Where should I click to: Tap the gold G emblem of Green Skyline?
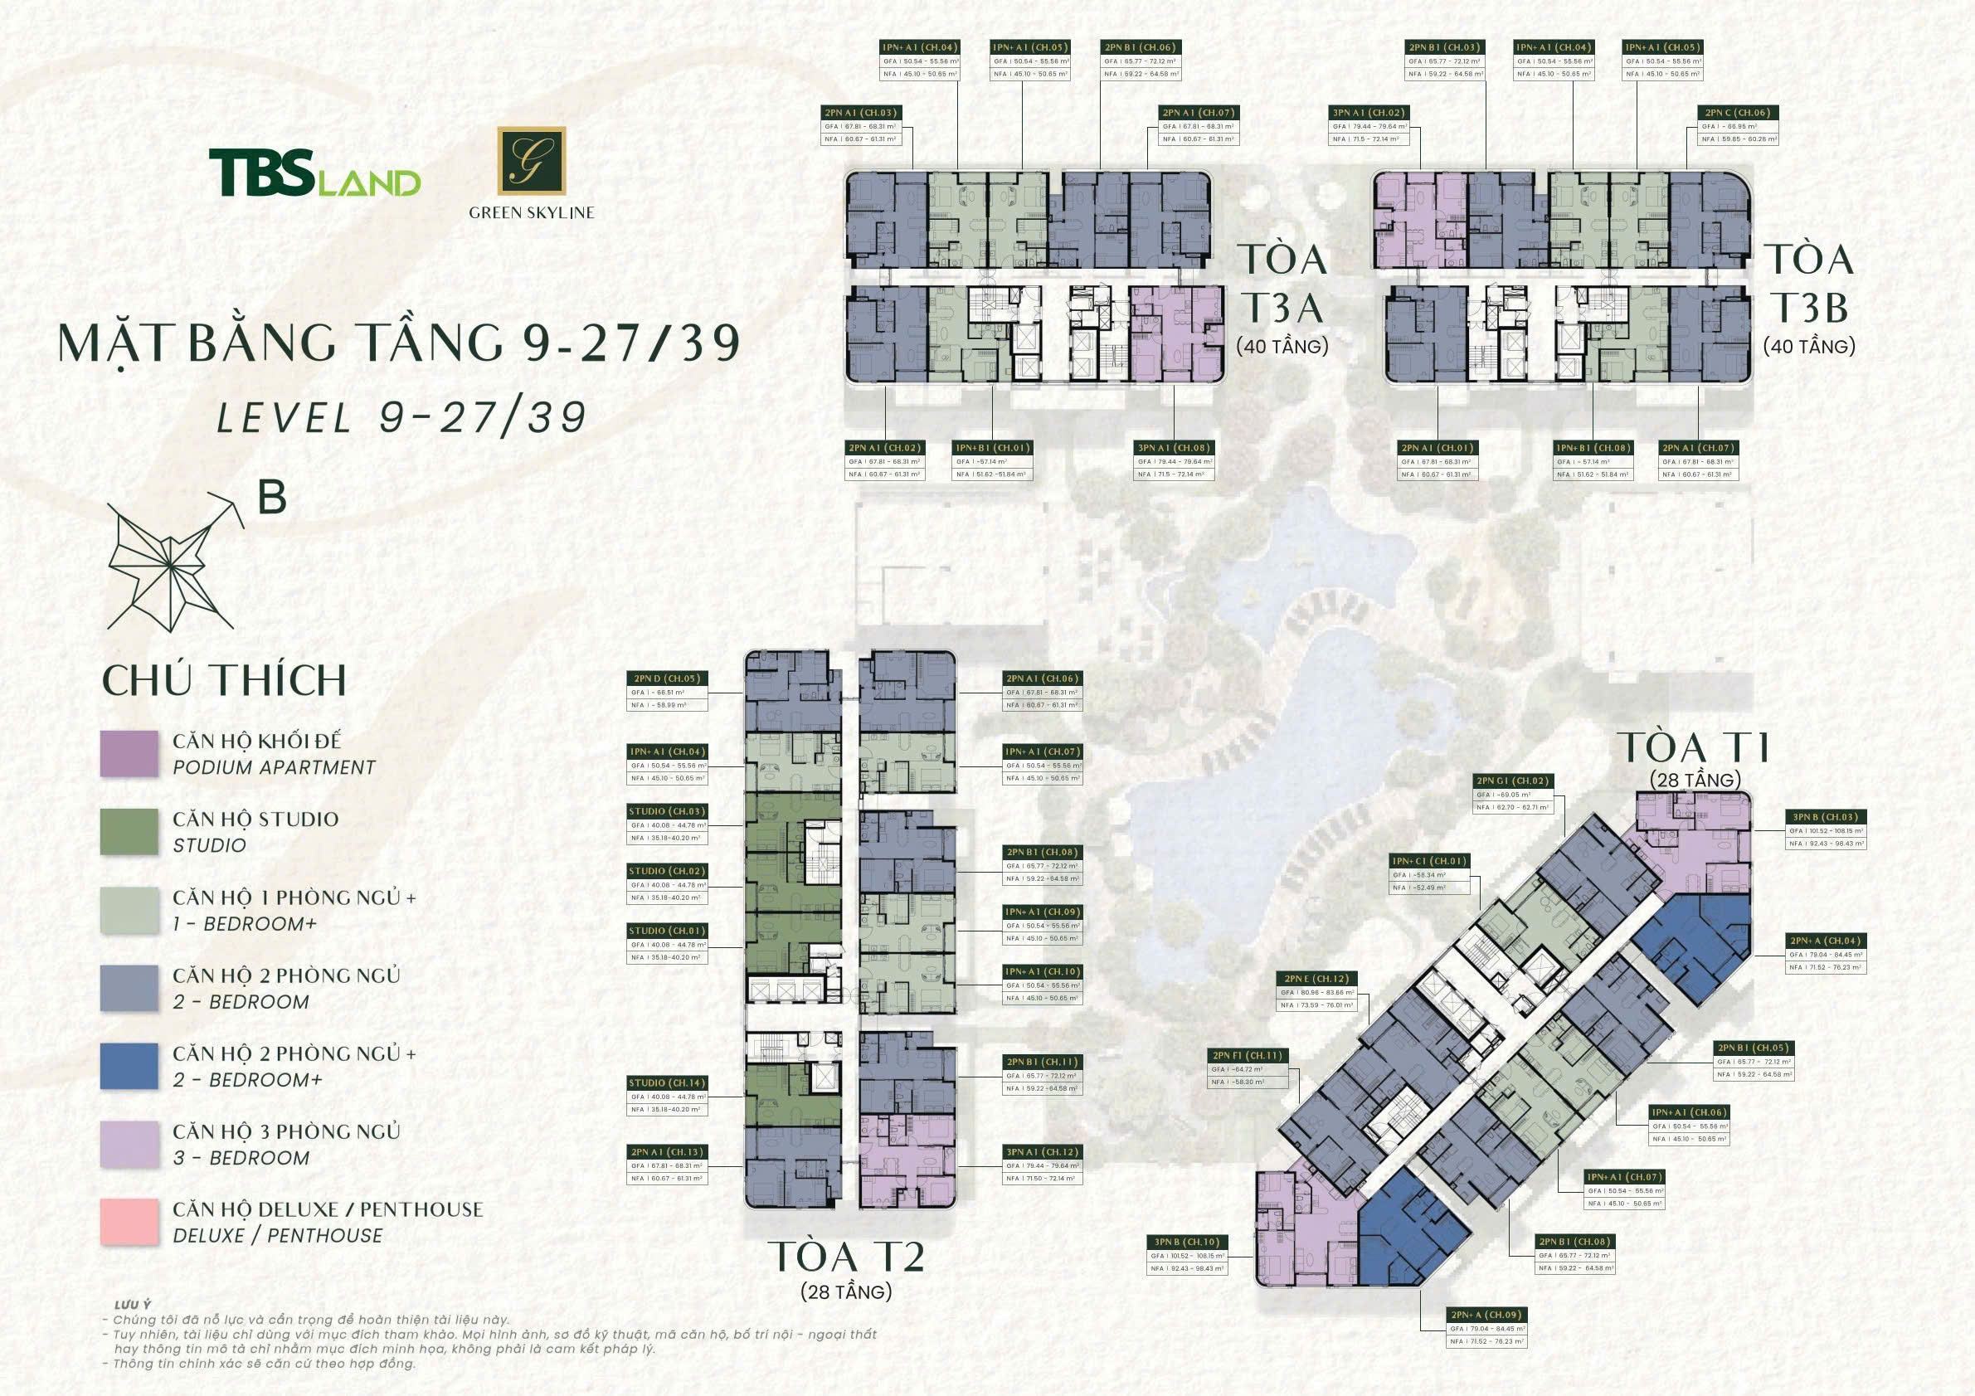(x=532, y=161)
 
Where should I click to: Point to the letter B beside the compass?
(x=272, y=497)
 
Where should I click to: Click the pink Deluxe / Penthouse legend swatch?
(x=129, y=1221)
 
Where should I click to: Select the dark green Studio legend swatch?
(x=129, y=832)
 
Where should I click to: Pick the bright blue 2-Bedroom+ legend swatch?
(x=129, y=1066)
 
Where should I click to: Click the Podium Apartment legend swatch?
(x=129, y=753)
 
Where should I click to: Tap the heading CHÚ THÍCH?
(x=225, y=680)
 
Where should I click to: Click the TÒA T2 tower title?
(x=849, y=1257)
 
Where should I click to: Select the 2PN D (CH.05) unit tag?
(x=667, y=679)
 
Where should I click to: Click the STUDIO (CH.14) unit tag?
(x=667, y=1083)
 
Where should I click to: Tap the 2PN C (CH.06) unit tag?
(x=1738, y=113)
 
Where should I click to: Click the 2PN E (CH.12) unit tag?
(x=1316, y=979)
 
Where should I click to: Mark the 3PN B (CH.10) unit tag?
(x=1187, y=1242)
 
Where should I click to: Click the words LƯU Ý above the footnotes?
(x=126, y=1305)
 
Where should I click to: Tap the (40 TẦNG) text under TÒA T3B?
(x=1809, y=347)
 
